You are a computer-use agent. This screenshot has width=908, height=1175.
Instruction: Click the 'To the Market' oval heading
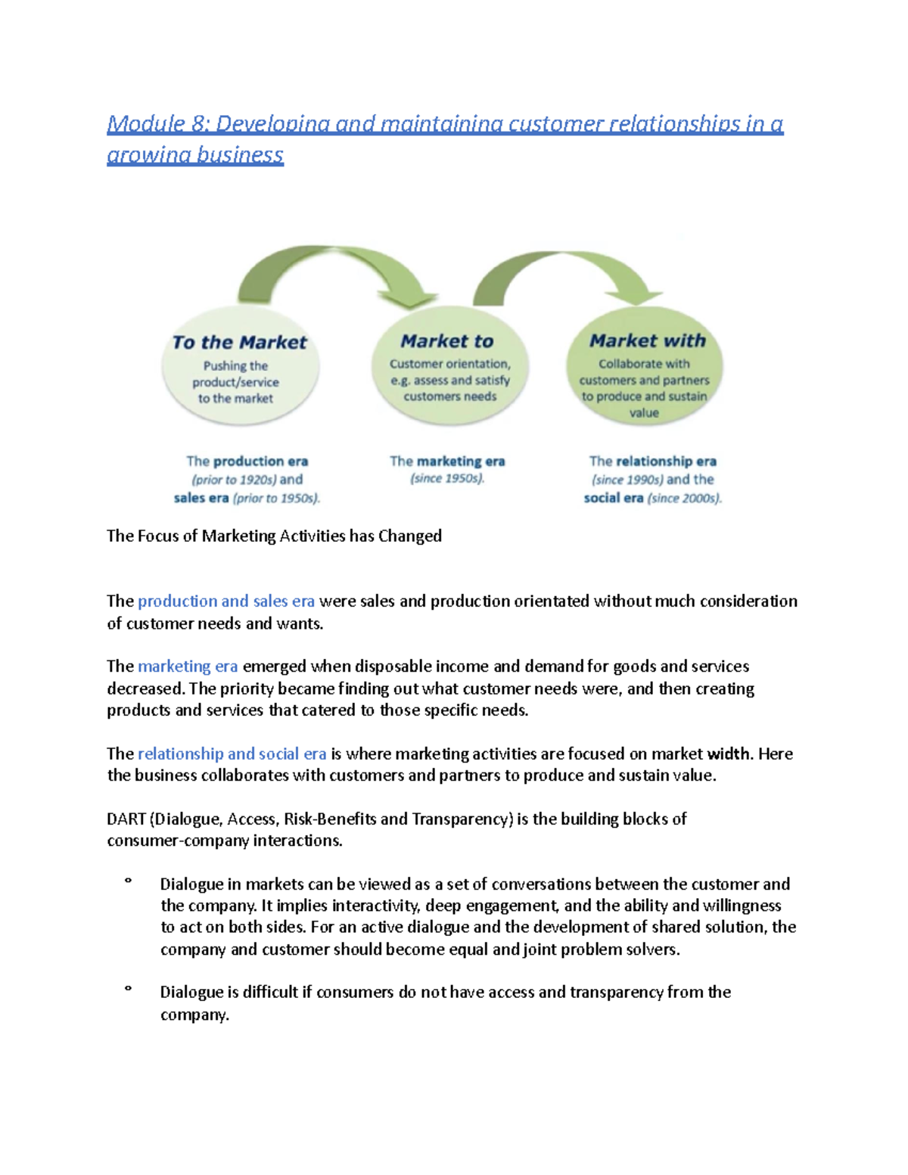[x=239, y=343]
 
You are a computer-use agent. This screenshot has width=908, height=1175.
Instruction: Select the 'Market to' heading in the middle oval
[x=446, y=342]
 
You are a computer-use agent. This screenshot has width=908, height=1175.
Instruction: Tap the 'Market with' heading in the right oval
[x=647, y=341]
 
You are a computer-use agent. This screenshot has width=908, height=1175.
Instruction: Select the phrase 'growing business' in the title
[x=195, y=155]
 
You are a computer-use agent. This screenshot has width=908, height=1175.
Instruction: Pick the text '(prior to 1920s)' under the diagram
[x=234, y=480]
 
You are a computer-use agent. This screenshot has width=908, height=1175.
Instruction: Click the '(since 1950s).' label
[x=446, y=479]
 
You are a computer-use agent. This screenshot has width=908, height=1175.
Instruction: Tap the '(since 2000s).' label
[x=685, y=499]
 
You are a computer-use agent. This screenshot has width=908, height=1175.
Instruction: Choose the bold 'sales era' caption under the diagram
[x=201, y=499]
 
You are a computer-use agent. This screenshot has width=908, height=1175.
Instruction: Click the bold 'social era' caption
[x=613, y=499]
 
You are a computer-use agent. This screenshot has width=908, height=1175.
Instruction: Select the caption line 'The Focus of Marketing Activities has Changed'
[x=274, y=536]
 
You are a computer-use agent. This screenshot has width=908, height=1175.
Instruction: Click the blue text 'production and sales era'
[x=225, y=601]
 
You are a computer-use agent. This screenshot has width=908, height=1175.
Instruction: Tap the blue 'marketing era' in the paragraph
[x=188, y=667]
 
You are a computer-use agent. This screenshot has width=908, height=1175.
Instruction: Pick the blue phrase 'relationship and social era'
[x=232, y=754]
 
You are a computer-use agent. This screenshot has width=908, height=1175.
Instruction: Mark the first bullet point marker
[x=128, y=881]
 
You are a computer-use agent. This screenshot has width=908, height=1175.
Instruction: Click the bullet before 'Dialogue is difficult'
[x=128, y=989]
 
